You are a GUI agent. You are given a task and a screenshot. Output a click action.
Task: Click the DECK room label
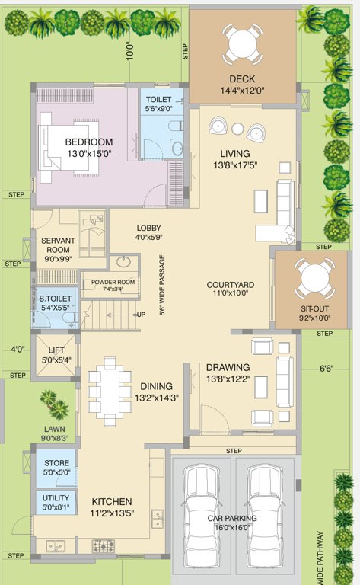[x=241, y=80]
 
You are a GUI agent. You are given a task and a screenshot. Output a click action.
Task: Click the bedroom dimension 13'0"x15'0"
[x=88, y=154]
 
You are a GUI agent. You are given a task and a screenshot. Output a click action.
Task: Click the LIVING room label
[x=235, y=153]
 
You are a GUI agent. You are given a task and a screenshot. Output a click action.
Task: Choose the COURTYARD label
[x=230, y=286]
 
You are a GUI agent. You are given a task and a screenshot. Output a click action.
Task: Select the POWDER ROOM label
[x=113, y=282]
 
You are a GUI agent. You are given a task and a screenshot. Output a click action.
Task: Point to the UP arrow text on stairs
[x=141, y=314]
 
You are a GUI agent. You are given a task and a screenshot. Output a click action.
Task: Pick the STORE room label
[x=56, y=463]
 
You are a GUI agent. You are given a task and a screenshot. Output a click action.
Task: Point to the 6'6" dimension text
[x=326, y=368]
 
